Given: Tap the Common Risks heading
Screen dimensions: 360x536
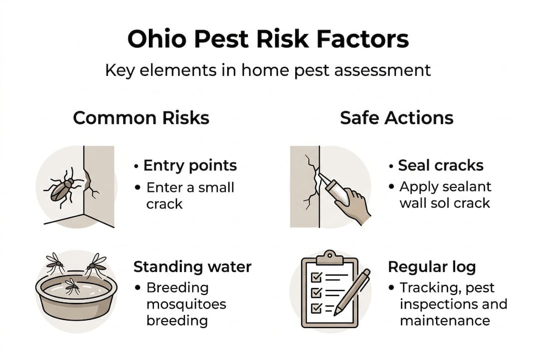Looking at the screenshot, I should click(x=141, y=118).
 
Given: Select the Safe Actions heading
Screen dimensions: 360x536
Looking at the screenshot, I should click(x=397, y=118).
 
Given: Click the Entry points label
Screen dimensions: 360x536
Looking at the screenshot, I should click(x=190, y=165).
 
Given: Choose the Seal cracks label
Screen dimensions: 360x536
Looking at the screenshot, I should click(x=441, y=165).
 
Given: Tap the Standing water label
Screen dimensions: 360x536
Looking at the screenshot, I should click(x=192, y=266).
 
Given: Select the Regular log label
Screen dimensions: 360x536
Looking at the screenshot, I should click(x=432, y=266).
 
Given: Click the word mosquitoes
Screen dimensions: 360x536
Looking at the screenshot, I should click(x=186, y=304).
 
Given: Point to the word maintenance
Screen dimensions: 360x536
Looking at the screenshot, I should click(x=445, y=320).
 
